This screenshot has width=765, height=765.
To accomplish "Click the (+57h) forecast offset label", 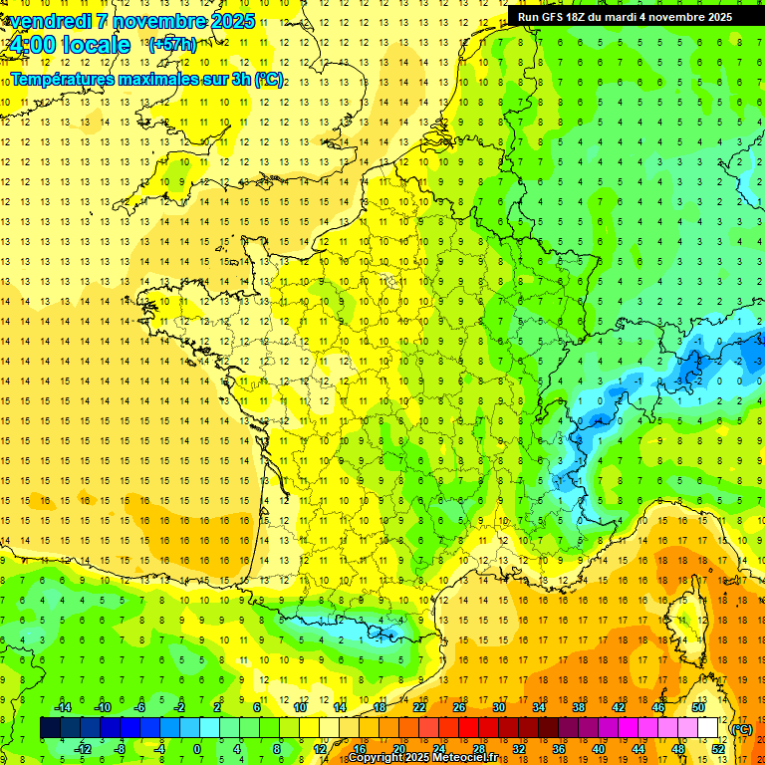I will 171,45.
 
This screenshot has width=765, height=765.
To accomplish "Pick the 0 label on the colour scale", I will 196,749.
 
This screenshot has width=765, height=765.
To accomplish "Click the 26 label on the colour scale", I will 459,707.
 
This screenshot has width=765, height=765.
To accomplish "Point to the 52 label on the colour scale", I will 718,749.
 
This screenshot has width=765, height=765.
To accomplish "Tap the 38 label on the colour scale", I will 579,707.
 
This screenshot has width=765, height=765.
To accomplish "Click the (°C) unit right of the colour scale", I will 742,729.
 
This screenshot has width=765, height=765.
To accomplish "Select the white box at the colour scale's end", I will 708,728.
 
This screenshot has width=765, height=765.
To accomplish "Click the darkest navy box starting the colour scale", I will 50,728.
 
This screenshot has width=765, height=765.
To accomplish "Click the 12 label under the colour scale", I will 320,749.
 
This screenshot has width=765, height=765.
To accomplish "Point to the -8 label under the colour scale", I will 119,749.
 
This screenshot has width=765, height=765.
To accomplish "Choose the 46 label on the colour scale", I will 658,707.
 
